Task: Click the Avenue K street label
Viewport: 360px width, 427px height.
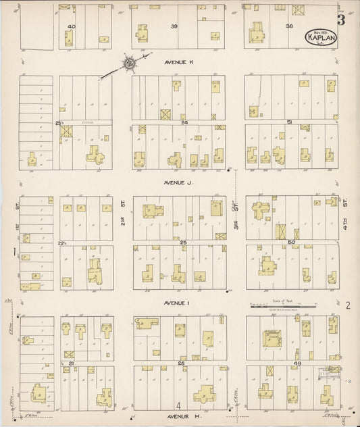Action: [179, 62]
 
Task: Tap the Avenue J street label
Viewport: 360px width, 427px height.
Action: [179, 182]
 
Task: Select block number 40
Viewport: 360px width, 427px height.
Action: [70, 26]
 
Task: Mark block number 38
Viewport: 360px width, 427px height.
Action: [289, 26]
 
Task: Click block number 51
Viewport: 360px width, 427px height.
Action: [289, 122]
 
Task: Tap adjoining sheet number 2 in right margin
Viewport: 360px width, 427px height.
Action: [348, 305]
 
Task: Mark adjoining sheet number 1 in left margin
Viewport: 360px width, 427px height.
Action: [14, 253]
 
